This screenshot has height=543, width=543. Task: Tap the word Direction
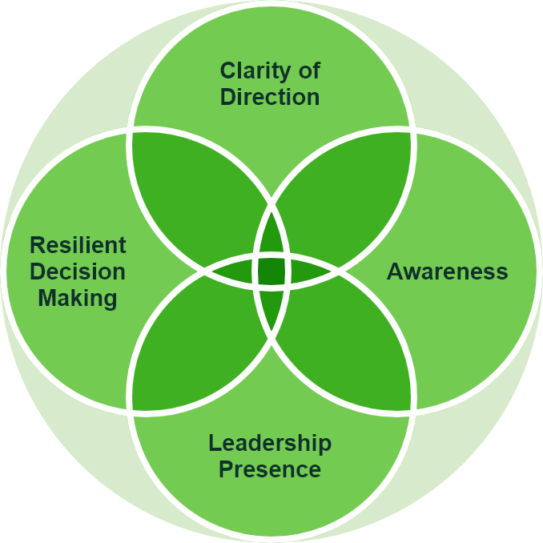click(270, 98)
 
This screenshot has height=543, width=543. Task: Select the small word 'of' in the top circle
click(307, 71)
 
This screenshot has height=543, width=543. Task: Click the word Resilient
click(78, 245)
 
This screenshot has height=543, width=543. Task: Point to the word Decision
click(78, 271)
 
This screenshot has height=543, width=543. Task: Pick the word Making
click(78, 299)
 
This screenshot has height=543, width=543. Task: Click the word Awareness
click(447, 271)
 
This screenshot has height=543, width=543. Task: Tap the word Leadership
click(270, 443)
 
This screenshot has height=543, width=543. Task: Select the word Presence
click(270, 469)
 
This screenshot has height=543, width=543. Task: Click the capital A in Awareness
click(394, 271)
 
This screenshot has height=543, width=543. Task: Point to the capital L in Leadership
click(214, 443)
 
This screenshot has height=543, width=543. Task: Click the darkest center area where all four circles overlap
click(271, 271)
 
